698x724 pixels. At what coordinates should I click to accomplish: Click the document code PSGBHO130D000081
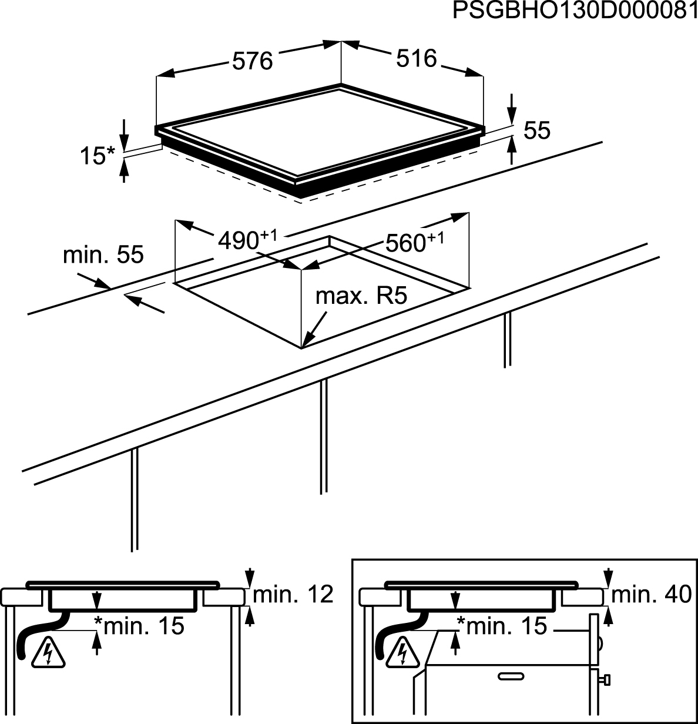(575, 12)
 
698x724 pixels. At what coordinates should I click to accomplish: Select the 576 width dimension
(253, 61)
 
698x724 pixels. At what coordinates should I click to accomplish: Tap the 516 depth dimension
(417, 58)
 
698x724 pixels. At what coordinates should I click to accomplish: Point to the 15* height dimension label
(98, 156)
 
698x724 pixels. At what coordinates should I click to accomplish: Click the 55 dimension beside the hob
(536, 130)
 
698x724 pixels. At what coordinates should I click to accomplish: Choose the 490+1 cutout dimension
(247, 239)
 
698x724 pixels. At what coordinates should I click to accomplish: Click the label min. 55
(103, 255)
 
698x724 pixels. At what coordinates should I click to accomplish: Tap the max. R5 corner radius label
(361, 296)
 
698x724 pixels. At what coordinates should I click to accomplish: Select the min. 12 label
(293, 595)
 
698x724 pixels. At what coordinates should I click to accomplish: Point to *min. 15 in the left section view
(140, 626)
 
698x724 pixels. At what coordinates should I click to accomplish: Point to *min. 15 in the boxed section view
(502, 626)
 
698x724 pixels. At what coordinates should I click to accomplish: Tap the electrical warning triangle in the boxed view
(403, 652)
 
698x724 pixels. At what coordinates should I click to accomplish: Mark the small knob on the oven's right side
(605, 681)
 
